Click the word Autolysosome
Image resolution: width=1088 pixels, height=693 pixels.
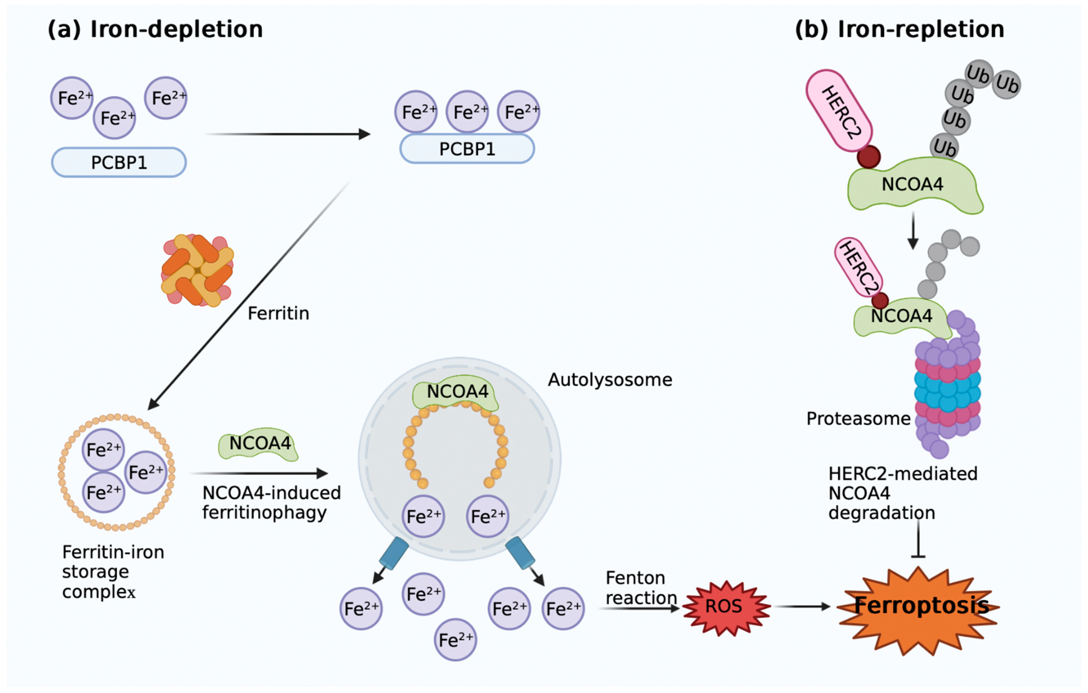610,380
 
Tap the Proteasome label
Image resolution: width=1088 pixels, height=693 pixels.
859,419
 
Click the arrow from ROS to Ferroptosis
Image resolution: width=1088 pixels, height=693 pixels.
802,607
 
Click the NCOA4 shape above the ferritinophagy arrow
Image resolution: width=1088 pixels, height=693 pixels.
259,444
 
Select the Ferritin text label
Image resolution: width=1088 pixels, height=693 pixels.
278,313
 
